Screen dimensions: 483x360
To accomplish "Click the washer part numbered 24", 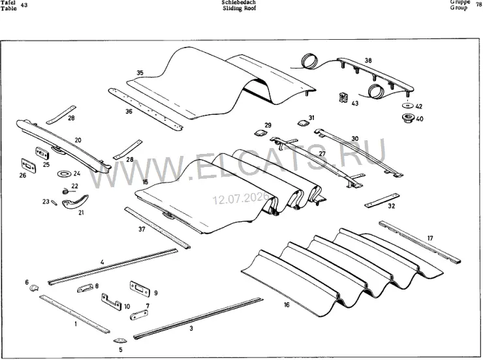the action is (x=64, y=174).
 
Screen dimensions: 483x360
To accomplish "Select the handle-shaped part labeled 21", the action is (x=75, y=202).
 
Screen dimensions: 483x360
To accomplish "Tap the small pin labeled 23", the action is (x=54, y=202).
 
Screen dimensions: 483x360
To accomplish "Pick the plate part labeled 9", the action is (x=140, y=289).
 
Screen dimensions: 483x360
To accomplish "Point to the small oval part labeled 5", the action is (x=119, y=340).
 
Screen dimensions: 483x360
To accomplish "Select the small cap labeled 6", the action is (x=33, y=288).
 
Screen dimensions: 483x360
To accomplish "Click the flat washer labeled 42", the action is (x=408, y=106).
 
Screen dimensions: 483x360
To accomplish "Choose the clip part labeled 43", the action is (x=343, y=98).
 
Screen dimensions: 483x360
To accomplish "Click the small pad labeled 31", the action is (x=303, y=123).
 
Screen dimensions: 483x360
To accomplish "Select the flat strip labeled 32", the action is (x=382, y=200).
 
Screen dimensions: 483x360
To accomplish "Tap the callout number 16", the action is (x=287, y=305).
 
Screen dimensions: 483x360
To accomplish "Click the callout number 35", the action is (x=140, y=73).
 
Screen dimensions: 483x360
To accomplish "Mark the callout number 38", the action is (x=368, y=61).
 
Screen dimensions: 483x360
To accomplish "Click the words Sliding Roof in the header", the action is (x=240, y=8).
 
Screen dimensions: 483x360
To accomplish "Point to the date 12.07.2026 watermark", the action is (x=240, y=198).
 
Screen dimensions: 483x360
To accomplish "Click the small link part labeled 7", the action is (x=138, y=315).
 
